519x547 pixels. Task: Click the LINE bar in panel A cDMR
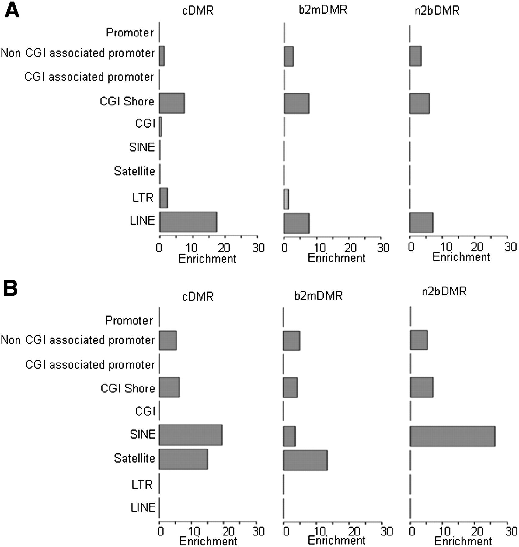(188, 222)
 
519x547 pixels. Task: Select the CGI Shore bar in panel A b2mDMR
(296, 103)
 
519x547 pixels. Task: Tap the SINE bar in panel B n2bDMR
(452, 436)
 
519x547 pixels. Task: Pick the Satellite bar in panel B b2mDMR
(305, 460)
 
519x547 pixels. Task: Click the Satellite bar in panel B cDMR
(183, 459)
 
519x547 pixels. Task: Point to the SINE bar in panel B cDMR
(190, 435)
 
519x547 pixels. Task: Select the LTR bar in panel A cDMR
(163, 198)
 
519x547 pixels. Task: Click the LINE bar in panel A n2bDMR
(421, 223)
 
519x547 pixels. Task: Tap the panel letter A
(12, 11)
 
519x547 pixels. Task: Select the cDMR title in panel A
(198, 11)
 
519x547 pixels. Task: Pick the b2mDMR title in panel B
(318, 295)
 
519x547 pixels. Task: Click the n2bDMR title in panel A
(437, 11)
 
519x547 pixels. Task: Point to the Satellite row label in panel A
(134, 171)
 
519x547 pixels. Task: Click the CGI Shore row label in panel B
(128, 388)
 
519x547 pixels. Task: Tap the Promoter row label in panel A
(130, 33)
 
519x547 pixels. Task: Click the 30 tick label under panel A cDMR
(258, 248)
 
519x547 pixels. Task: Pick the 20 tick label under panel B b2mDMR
(354, 531)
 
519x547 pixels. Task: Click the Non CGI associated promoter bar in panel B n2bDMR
(419, 340)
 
